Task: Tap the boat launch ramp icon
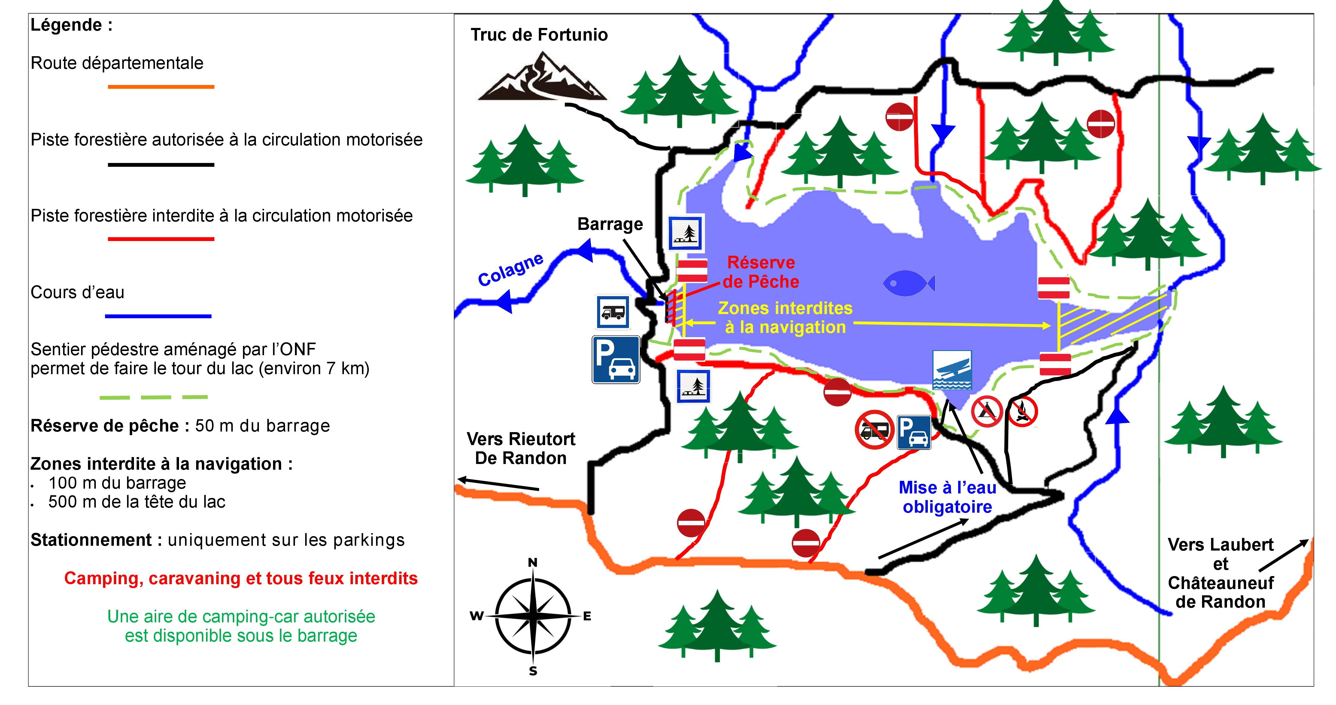tap(952, 370)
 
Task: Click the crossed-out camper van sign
tap(874, 429)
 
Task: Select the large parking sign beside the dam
tap(616, 359)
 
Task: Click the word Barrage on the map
tap(610, 224)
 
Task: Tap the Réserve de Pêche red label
tap(761, 272)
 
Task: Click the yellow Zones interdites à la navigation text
tap(785, 317)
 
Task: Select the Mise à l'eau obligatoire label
tap(948, 497)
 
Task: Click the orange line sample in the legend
tap(161, 87)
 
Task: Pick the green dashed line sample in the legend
tap(153, 397)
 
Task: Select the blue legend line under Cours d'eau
tap(158, 316)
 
